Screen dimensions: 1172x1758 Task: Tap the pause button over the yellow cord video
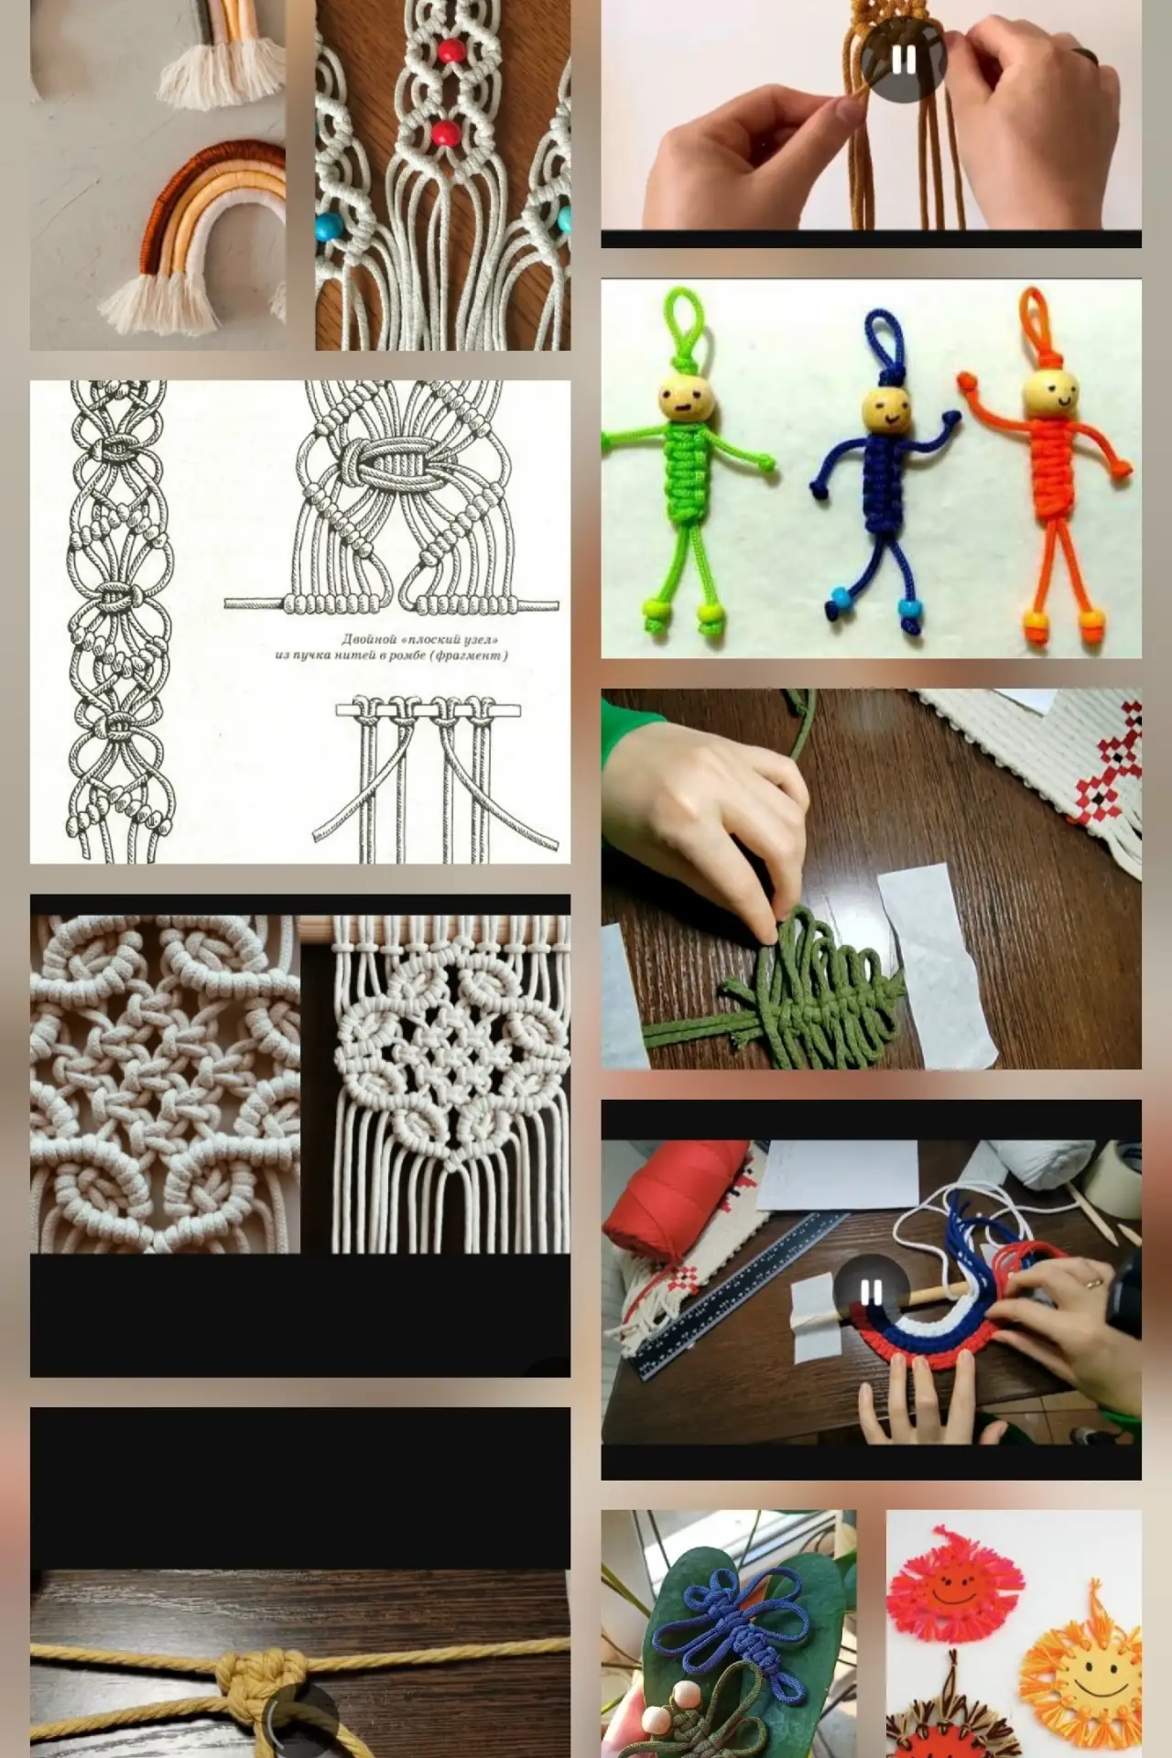[903, 60]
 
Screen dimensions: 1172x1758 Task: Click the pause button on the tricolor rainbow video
[871, 1293]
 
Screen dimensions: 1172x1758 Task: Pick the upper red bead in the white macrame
[448, 49]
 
